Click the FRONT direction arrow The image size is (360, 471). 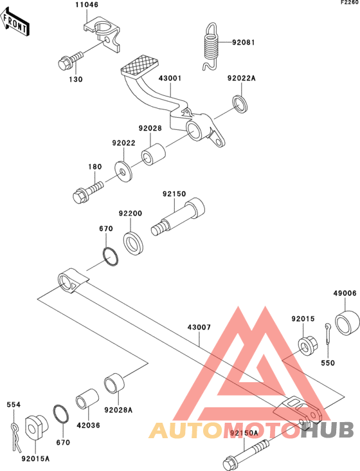pos(14,22)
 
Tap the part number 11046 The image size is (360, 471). pos(87,5)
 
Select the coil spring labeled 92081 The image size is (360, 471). pos(210,46)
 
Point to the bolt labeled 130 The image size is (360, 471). pos(70,60)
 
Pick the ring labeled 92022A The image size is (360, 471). pos(240,104)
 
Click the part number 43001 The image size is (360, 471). pos(170,78)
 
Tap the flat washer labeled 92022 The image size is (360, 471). pos(123,171)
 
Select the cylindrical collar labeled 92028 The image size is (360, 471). pos(153,155)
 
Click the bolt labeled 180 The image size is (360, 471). pos(88,191)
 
